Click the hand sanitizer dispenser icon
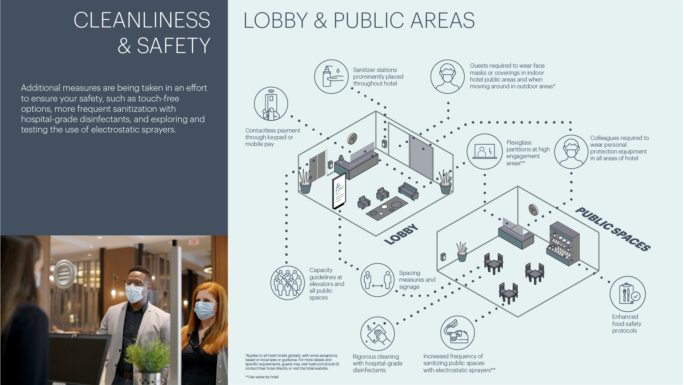(331, 77)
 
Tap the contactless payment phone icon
(271, 104)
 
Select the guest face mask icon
(447, 77)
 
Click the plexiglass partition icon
(484, 151)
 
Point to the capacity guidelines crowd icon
(287, 283)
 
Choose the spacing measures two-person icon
(377, 280)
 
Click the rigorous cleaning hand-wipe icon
(377, 334)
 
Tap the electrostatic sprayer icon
(458, 333)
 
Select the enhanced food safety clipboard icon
(627, 294)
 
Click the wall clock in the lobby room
(352, 139)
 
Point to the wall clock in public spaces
(533, 209)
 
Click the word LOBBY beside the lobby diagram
(401, 234)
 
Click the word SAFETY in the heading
(173, 46)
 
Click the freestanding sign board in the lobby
(339, 191)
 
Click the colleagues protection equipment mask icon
(571, 151)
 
